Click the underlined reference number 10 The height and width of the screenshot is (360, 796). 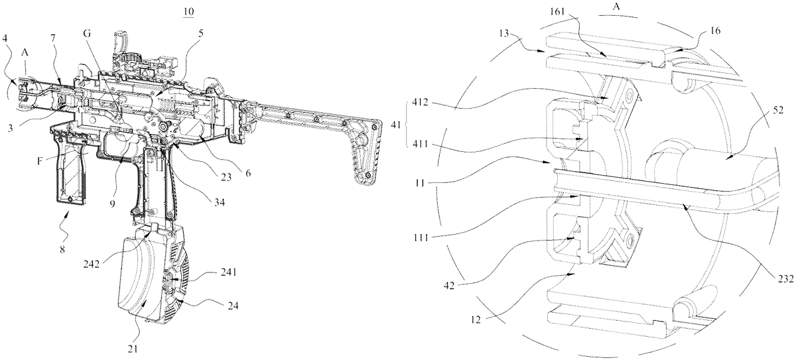tap(188, 11)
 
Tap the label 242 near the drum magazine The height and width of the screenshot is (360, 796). tap(92, 265)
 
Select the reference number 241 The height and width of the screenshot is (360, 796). tap(228, 272)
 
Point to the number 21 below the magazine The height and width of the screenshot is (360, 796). tap(133, 349)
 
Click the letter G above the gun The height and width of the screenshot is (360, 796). tap(87, 33)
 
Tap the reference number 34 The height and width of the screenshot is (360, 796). tap(220, 203)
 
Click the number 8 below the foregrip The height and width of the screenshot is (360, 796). tap(62, 249)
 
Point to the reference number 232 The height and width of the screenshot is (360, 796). tap(786, 279)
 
